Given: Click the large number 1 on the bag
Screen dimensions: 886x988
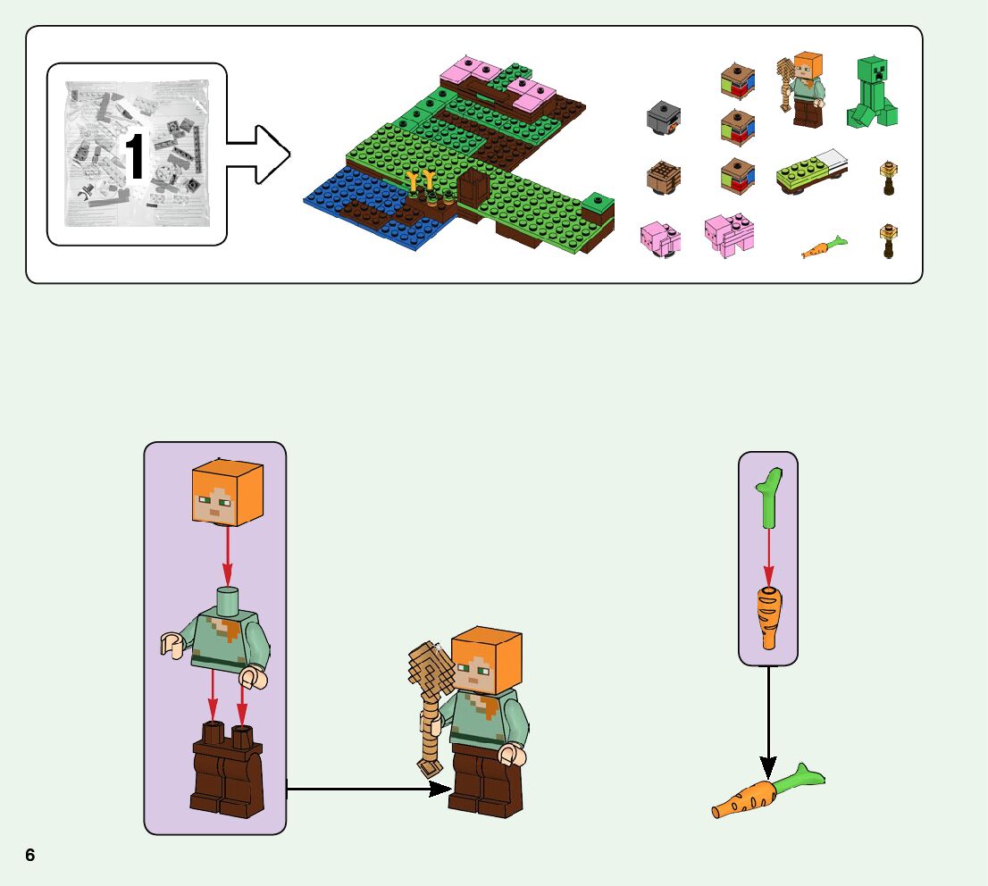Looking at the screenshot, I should tap(135, 159).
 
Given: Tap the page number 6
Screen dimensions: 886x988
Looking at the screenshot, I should tap(30, 855).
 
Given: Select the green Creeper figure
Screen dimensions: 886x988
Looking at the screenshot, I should tap(871, 93).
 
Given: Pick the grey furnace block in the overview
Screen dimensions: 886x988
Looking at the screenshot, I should tap(664, 120).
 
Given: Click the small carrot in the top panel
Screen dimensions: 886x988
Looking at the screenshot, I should tap(823, 247).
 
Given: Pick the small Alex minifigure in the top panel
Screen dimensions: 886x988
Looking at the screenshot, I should tap(803, 90).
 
